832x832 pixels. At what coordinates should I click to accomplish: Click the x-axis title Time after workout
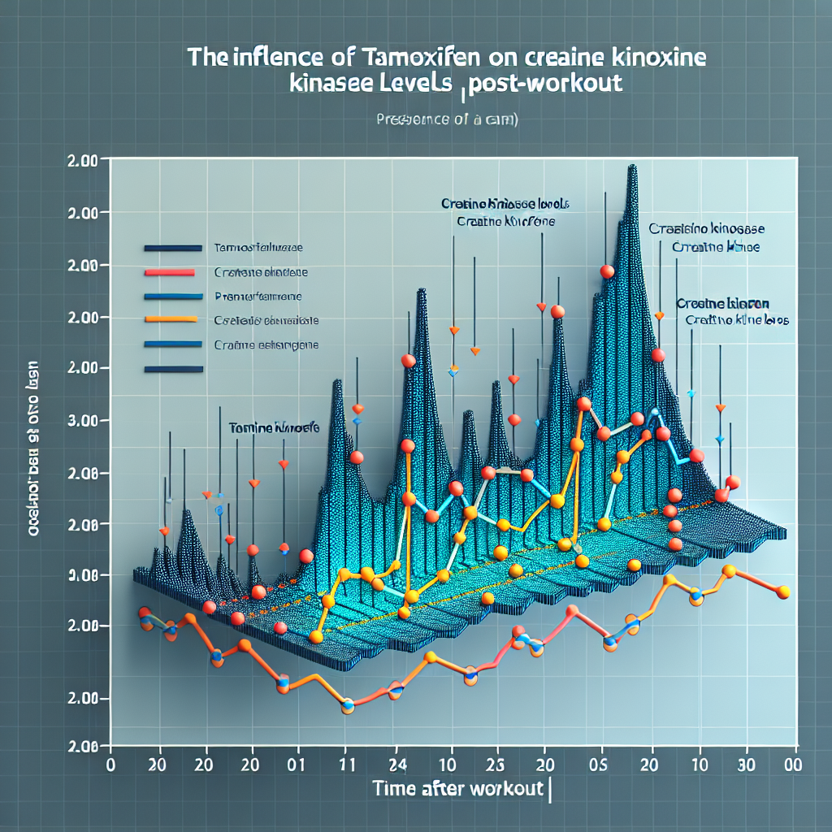[461, 788]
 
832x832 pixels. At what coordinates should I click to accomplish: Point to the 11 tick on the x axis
[347, 765]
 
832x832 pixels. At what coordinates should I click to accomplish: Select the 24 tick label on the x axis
[399, 765]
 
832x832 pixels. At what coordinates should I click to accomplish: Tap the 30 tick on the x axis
[742, 765]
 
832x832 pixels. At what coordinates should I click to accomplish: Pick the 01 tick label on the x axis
[297, 765]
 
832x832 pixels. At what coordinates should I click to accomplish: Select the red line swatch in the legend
[170, 271]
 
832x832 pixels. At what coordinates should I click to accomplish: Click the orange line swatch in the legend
[170, 319]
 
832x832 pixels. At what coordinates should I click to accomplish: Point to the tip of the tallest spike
[631, 167]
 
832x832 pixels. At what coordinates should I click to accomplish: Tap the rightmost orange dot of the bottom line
[783, 591]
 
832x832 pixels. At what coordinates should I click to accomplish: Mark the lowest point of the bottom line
[348, 706]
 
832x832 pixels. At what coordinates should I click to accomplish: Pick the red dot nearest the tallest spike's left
[606, 271]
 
